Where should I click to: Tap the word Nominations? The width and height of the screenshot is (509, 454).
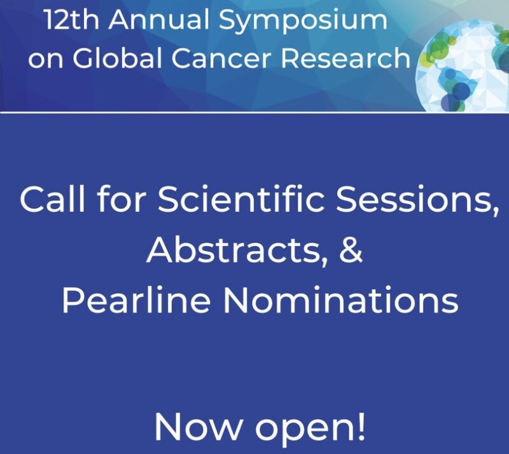tap(342, 300)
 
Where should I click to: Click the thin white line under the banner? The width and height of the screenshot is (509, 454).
tap(254, 113)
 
